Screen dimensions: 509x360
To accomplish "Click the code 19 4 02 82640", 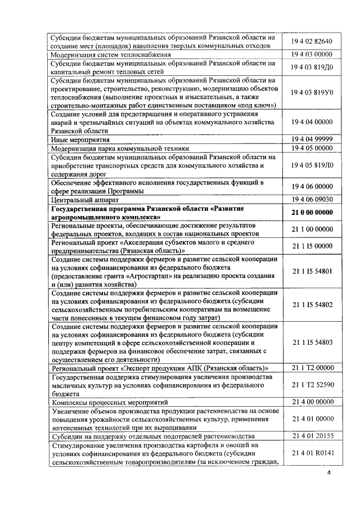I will click(x=312, y=41).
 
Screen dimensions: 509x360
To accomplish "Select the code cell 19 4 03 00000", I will click(x=312, y=54).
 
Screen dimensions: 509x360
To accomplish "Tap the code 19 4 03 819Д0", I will click(x=312, y=67).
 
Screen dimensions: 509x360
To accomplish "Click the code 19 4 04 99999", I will click(x=312, y=139).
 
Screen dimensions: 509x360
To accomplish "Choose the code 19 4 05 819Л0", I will click(x=312, y=165).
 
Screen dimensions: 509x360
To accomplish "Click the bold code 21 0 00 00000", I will click(x=312, y=212).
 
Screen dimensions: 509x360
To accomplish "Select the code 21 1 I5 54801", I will click(x=312, y=271).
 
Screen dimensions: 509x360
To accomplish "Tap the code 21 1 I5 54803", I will click(x=312, y=341).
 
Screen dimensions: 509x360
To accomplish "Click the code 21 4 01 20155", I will click(x=312, y=435).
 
